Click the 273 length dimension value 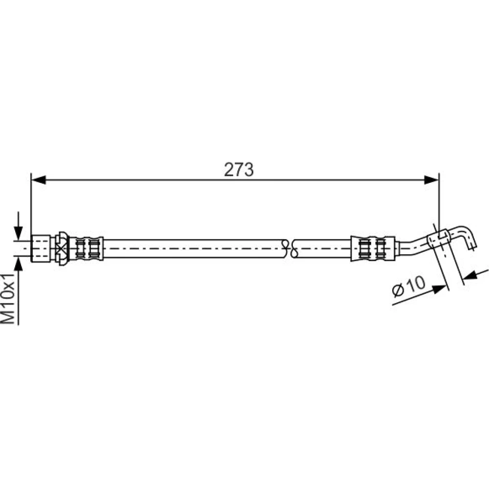(239, 170)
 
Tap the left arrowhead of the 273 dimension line (39, 179)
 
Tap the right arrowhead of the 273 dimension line (432, 179)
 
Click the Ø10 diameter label (408, 287)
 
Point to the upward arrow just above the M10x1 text (19, 265)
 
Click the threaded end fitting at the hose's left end (41, 248)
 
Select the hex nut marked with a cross (62, 248)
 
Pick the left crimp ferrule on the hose (86, 248)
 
